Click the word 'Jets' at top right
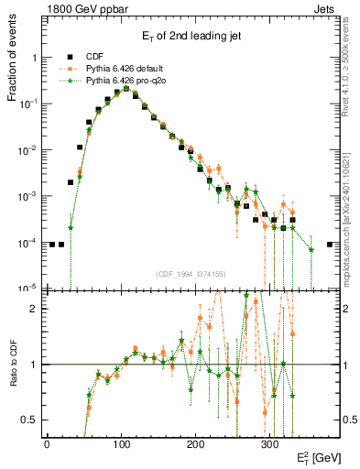325,8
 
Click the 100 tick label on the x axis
121,443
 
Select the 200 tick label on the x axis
195,443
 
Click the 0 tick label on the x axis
47,443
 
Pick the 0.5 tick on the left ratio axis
28,420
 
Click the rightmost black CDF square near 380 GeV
330,245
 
